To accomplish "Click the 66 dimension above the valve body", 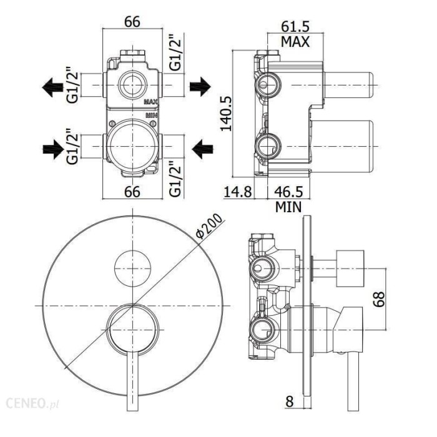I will click(131, 20).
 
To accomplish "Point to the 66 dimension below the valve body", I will click(131, 191).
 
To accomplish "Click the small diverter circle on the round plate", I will click(132, 265).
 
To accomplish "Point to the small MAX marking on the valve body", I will click(150, 101).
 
